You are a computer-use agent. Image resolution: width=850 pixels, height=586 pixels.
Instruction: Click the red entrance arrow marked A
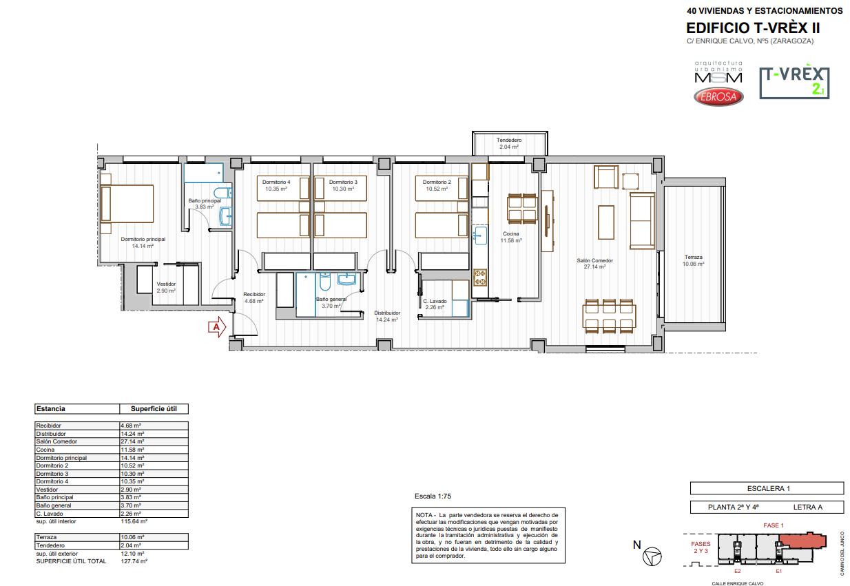click(217, 327)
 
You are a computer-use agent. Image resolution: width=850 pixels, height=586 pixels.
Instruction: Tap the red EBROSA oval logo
click(718, 96)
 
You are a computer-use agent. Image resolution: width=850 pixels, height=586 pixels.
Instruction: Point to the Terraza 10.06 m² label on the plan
click(693, 260)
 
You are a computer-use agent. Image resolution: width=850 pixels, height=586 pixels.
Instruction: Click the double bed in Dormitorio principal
click(127, 204)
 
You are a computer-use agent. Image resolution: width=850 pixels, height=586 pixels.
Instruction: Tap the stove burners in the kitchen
click(480, 278)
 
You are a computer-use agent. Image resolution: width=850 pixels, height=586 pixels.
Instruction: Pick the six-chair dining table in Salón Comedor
click(609, 316)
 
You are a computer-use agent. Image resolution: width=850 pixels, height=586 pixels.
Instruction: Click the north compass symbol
click(652, 557)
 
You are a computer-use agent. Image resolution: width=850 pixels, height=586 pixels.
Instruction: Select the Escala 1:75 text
click(433, 496)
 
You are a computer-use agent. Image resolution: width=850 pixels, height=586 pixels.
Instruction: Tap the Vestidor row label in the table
click(47, 490)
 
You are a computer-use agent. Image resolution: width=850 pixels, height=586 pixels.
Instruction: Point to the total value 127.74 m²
click(134, 561)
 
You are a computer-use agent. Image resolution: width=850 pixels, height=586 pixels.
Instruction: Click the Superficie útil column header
click(154, 409)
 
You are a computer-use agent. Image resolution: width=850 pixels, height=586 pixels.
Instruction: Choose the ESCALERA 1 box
click(767, 488)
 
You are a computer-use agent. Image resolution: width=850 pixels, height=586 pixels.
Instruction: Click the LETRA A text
click(807, 507)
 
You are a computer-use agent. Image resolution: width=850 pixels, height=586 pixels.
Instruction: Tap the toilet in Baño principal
click(222, 193)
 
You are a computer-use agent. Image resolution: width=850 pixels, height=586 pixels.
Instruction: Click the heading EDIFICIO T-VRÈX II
click(753, 28)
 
